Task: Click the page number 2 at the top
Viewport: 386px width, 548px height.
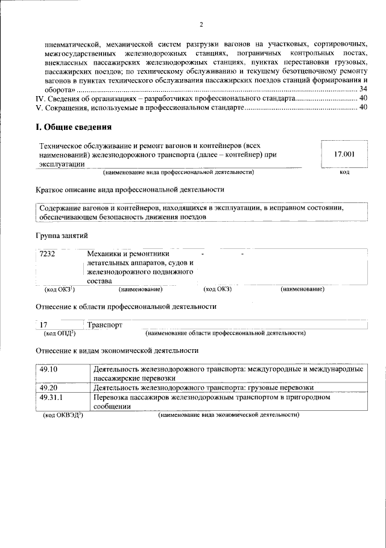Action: [x=201, y=25]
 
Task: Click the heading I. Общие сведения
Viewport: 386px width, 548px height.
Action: [x=72, y=127]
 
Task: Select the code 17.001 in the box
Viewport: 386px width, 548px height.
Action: [x=344, y=155]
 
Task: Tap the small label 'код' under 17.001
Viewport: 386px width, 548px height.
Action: [x=344, y=173]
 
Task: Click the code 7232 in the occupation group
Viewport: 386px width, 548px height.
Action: [x=47, y=254]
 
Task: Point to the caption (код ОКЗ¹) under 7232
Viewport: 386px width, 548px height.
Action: [x=59, y=289]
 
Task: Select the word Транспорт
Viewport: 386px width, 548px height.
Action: [x=105, y=324]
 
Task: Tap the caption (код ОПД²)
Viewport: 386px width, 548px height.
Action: [x=59, y=333]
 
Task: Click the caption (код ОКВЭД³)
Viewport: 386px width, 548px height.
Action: [x=63, y=416]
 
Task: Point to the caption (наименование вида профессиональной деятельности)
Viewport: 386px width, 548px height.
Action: [x=178, y=173]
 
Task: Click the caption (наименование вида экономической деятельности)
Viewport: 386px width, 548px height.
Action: [x=229, y=416]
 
